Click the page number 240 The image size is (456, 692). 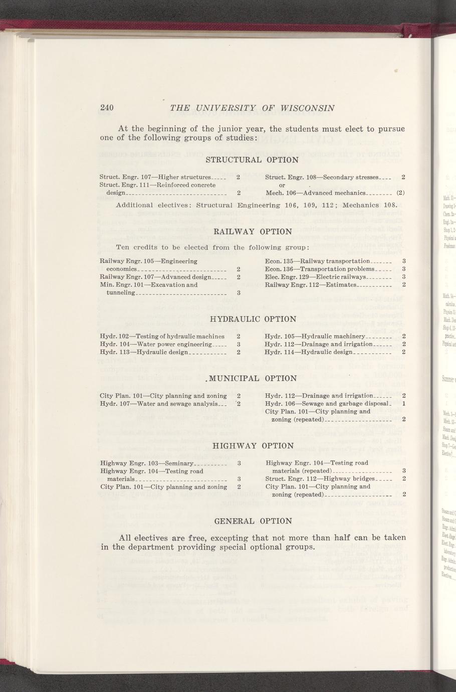click(x=107, y=108)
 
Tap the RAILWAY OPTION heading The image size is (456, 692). click(x=253, y=232)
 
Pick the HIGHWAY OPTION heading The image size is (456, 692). click(x=253, y=446)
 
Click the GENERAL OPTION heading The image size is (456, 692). click(x=253, y=521)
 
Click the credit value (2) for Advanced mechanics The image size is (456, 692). click(x=400, y=193)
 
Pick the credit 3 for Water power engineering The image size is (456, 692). click(x=239, y=344)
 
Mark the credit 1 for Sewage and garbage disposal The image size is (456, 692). click(x=403, y=404)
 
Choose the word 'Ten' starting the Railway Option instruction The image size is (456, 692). click(x=122, y=247)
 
